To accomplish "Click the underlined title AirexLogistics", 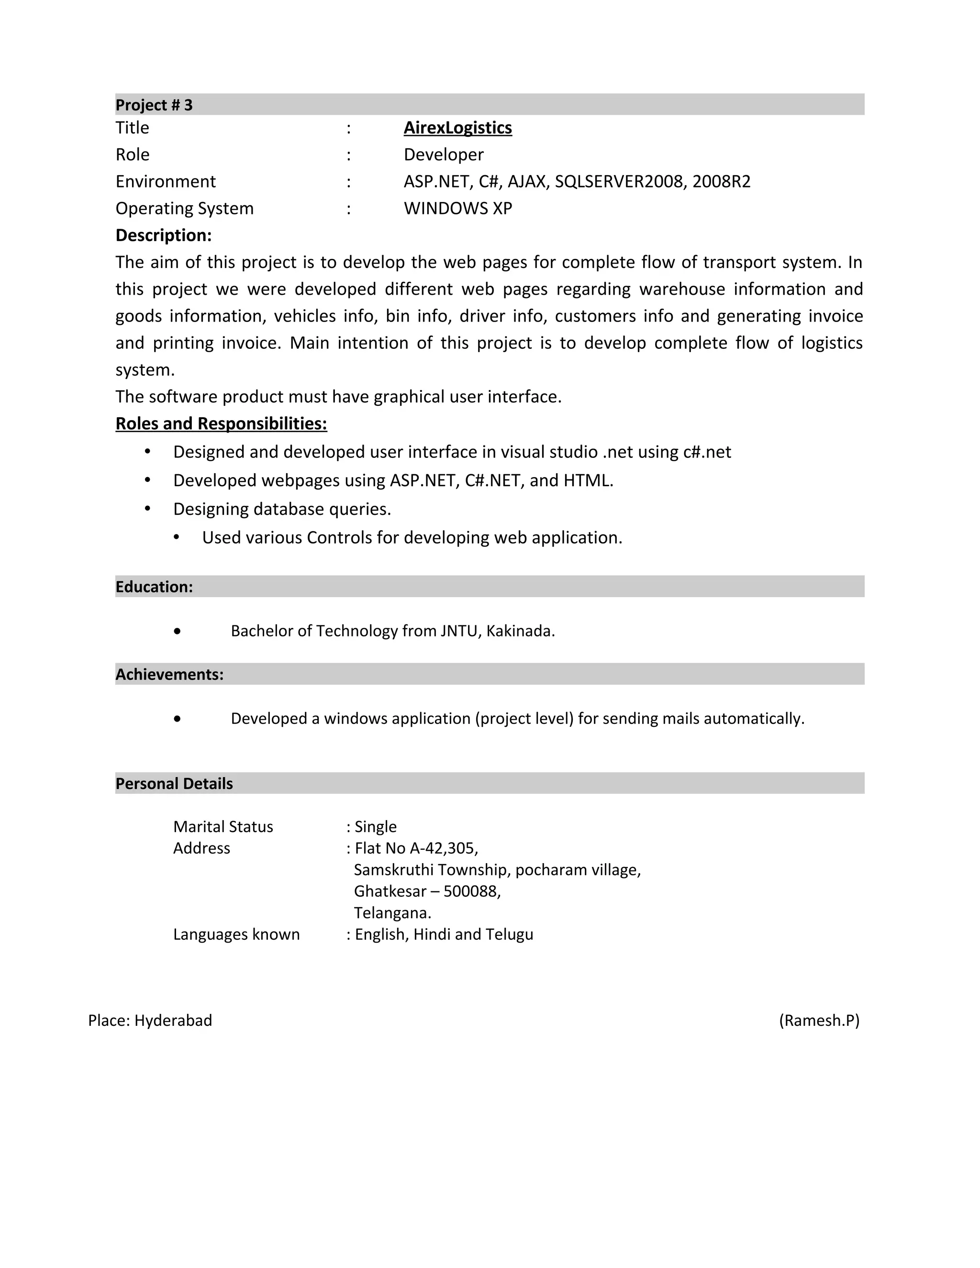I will (457, 128).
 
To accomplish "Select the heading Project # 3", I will (154, 105).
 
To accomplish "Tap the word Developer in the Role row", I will (444, 155).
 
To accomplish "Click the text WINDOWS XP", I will (457, 209).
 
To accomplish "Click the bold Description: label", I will (163, 235).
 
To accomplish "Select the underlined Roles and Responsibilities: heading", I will (221, 424).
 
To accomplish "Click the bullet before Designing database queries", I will (147, 509).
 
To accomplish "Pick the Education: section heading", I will (154, 587).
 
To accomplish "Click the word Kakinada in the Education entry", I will (519, 631).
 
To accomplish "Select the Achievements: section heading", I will (169, 675).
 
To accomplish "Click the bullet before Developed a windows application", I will (177, 719).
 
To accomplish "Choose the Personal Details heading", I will (174, 784).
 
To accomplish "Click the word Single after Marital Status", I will (376, 827).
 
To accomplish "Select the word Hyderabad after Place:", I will (173, 1021).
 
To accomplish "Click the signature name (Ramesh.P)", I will (819, 1021).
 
